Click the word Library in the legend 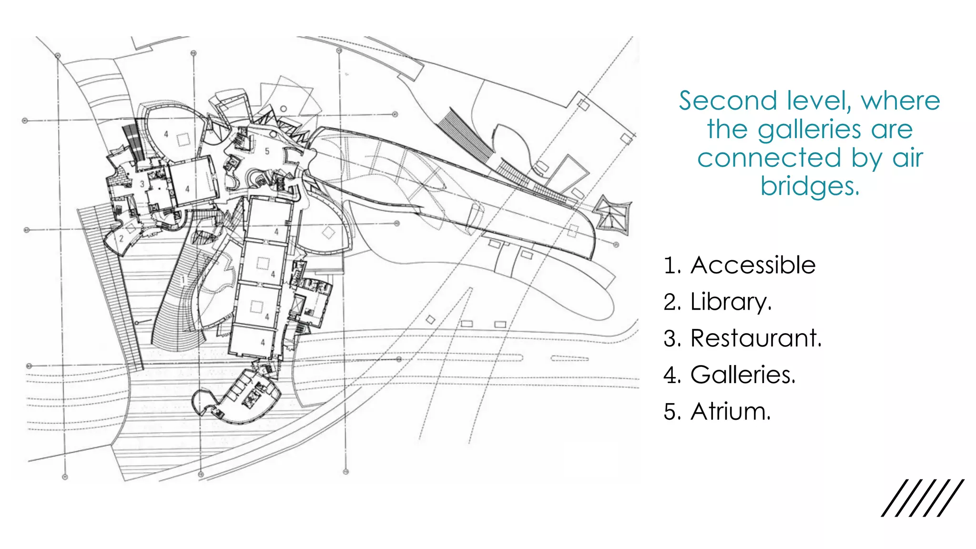tap(731, 302)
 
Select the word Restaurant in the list tap(756, 338)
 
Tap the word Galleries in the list tap(743, 375)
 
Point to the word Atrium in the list tap(730, 411)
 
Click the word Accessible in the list tap(753, 265)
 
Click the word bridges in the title tap(810, 186)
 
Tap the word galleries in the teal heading tap(809, 130)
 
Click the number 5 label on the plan tap(267, 151)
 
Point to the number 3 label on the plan tap(142, 184)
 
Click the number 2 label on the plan tap(122, 238)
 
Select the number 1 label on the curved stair tap(183, 279)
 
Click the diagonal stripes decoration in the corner tap(922, 498)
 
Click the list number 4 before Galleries tap(671, 375)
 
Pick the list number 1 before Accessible tap(671, 265)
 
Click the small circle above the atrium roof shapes tap(283, 109)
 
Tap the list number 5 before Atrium tap(671, 411)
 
